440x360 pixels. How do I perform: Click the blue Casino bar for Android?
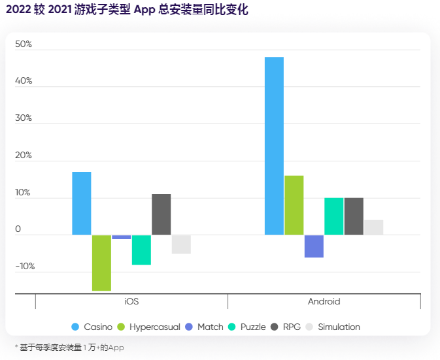point(274,146)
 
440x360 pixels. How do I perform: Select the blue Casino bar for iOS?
point(82,203)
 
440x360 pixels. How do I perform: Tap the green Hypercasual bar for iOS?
point(101,263)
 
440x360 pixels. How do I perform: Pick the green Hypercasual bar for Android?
point(294,205)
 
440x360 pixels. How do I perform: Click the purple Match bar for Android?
point(314,246)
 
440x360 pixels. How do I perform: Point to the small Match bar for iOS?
point(122,237)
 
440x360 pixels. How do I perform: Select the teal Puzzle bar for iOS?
point(141,250)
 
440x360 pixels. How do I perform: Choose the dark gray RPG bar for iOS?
point(161,214)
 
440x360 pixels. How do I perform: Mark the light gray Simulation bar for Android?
point(374,227)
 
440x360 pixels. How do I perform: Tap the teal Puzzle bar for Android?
point(334,216)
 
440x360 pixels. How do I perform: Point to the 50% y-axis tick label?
point(24,44)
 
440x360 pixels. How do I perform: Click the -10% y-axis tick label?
point(25,267)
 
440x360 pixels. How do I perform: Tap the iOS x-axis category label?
point(131,302)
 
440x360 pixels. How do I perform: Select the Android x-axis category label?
point(324,302)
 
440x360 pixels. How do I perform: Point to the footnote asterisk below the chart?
point(16,348)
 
